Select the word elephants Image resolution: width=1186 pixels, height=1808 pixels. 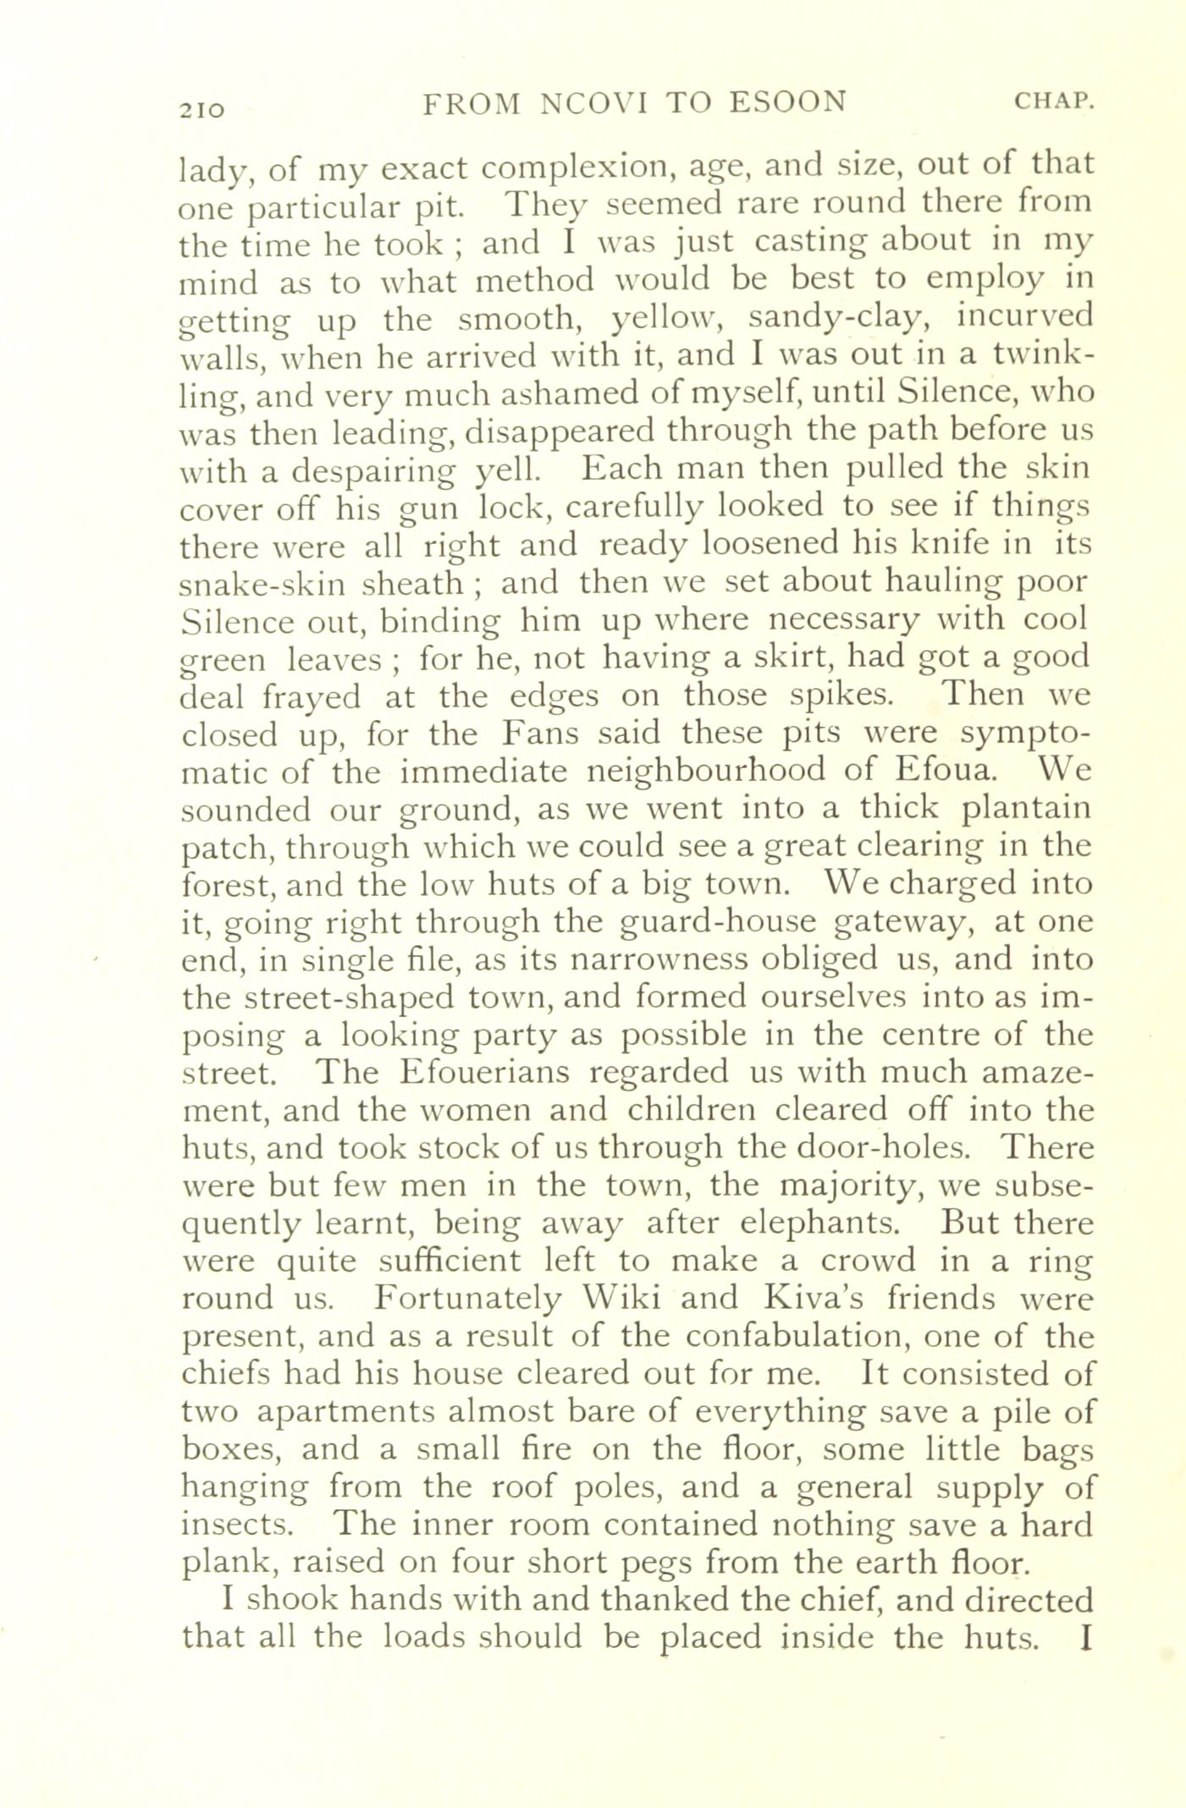click(829, 1223)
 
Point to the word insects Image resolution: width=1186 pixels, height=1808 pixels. click(238, 1525)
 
